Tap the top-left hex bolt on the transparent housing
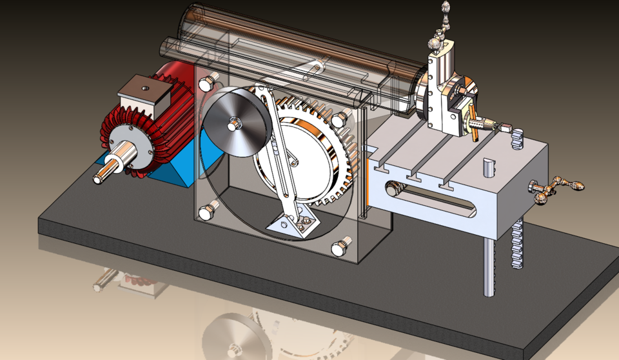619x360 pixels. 206,84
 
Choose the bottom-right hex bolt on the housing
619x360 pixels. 339,248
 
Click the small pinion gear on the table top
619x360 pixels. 516,139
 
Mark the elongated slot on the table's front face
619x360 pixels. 432,193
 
